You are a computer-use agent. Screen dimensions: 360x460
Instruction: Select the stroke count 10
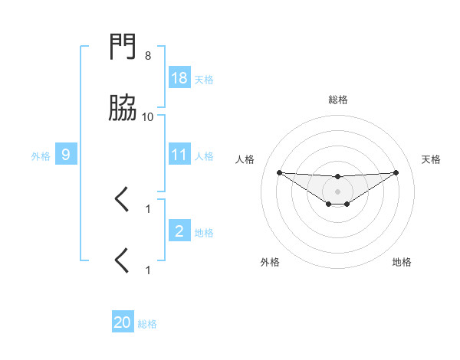click(x=148, y=116)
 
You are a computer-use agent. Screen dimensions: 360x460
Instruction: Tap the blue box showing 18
click(x=179, y=78)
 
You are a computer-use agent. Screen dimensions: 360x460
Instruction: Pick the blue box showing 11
click(x=179, y=155)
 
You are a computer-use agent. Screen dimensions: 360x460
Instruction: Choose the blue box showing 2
click(x=179, y=231)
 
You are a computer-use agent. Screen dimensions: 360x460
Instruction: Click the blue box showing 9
click(x=66, y=155)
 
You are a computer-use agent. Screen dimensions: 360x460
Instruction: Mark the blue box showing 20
click(x=123, y=322)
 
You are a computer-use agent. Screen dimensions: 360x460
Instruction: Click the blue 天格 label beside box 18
click(x=204, y=79)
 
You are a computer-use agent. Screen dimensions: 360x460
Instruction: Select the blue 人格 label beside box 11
click(x=204, y=155)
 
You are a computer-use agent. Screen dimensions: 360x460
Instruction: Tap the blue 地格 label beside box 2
click(x=204, y=232)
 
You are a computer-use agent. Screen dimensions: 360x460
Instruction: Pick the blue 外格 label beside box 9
click(x=41, y=155)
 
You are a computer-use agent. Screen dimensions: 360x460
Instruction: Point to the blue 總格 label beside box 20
click(x=147, y=324)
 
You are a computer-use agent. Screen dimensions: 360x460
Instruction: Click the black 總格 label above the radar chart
click(x=338, y=100)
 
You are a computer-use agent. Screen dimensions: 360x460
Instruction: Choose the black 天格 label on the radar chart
click(x=431, y=159)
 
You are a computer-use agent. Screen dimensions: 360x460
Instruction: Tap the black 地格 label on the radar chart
click(x=402, y=262)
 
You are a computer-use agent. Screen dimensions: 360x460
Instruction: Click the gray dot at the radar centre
click(x=337, y=191)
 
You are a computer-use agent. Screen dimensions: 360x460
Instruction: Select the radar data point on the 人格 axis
click(x=280, y=172)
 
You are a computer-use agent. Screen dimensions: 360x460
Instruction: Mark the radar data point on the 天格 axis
click(x=396, y=172)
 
